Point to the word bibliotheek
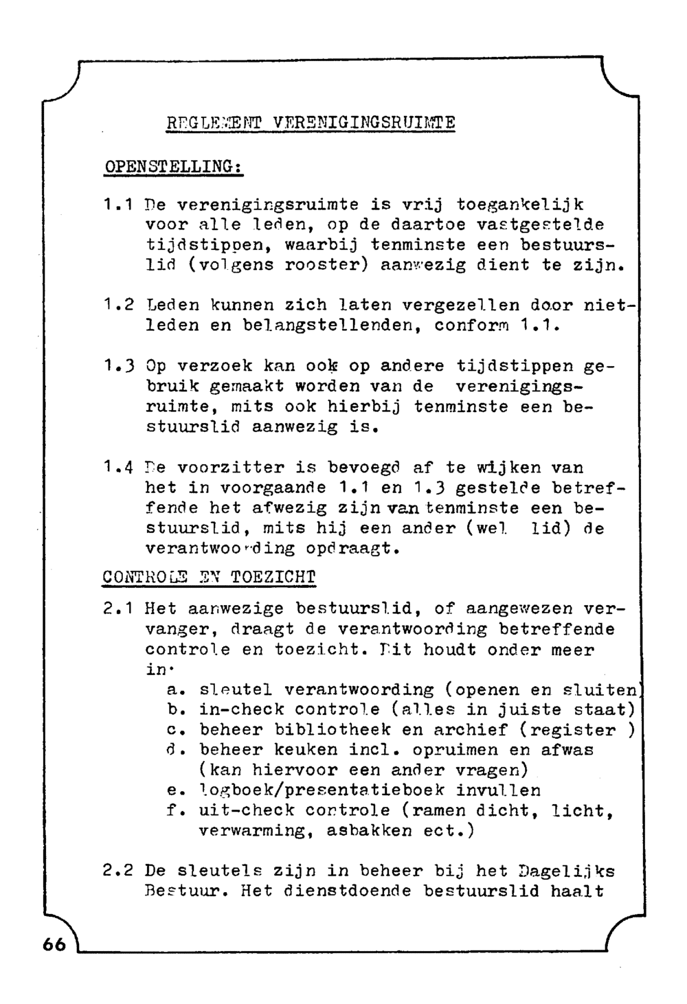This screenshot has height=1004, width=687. (333, 730)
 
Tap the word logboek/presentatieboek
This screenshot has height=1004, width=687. (322, 790)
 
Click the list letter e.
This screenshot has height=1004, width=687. (172, 790)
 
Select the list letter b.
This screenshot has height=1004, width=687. (172, 709)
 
